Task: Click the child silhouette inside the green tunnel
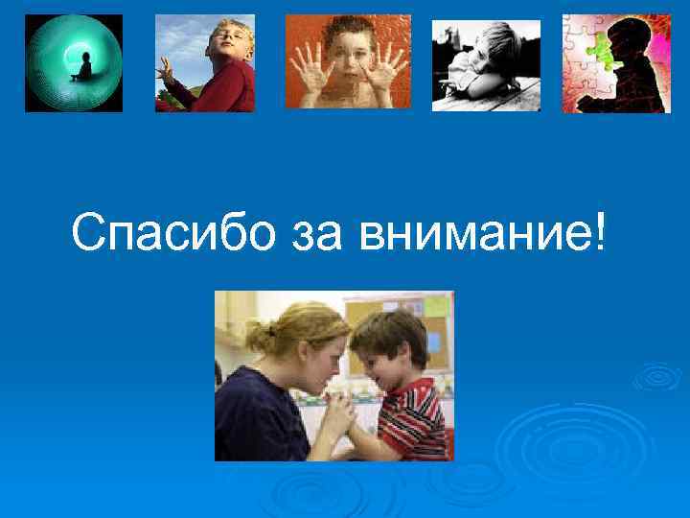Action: (x=85, y=66)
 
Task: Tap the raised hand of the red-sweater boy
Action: (x=166, y=69)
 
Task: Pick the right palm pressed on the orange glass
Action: (x=388, y=73)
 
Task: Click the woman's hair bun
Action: (x=256, y=336)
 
